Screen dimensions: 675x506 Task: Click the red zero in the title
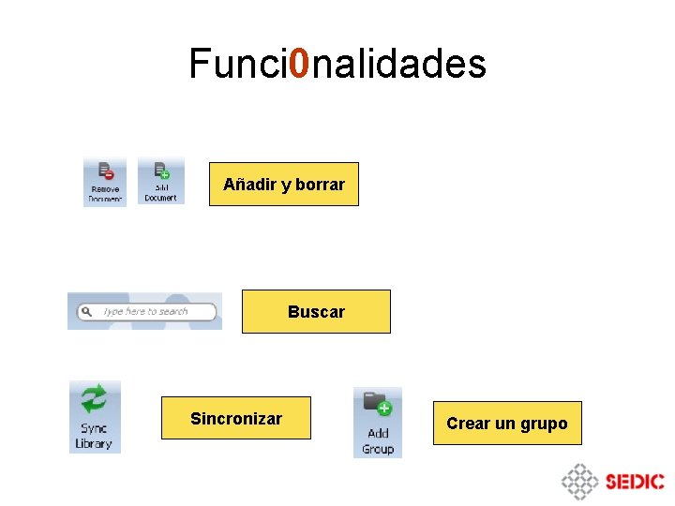[299, 64]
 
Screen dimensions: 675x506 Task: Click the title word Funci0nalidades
[337, 64]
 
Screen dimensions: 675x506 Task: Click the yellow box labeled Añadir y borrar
[283, 185]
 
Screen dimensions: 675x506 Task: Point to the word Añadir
[249, 185]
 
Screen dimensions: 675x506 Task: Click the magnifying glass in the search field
[85, 311]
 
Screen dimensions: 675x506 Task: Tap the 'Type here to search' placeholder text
[145, 311]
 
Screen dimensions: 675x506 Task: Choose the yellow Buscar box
[316, 312]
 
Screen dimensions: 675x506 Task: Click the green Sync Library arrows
[95, 400]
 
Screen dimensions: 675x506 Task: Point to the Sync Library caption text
[94, 437]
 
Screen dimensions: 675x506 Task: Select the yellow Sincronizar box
[235, 419]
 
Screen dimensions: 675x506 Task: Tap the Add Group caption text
[378, 440]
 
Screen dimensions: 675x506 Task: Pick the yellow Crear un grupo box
[506, 424]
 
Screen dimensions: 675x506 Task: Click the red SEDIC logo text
[635, 482]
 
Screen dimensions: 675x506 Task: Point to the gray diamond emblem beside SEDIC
[579, 482]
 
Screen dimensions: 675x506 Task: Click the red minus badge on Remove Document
[109, 174]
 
